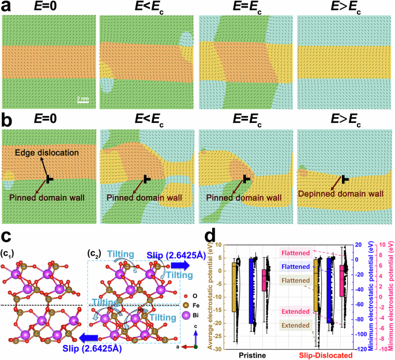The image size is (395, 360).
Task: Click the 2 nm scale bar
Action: click(82, 102)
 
